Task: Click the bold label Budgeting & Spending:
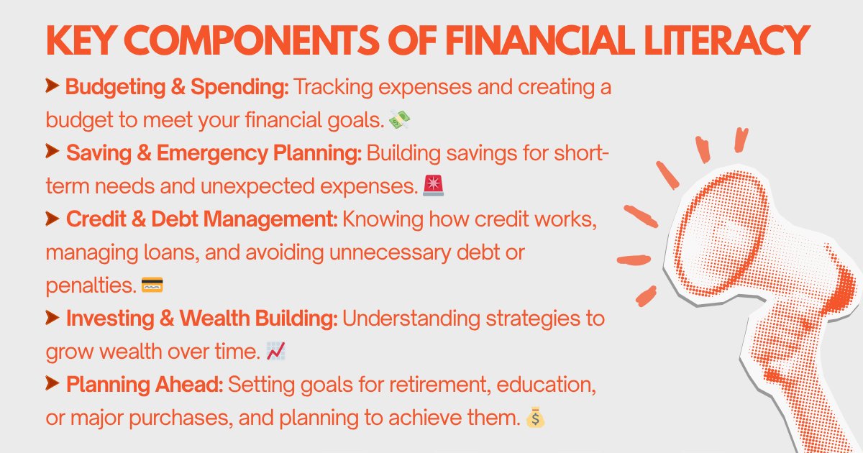(x=177, y=88)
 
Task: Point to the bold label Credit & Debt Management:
(x=201, y=220)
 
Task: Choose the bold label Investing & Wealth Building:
(x=201, y=319)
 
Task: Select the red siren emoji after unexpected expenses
(x=434, y=187)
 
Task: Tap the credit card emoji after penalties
(x=152, y=285)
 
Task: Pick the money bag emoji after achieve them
(x=532, y=416)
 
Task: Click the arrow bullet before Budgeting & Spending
(x=52, y=88)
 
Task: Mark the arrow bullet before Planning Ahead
(x=52, y=384)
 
